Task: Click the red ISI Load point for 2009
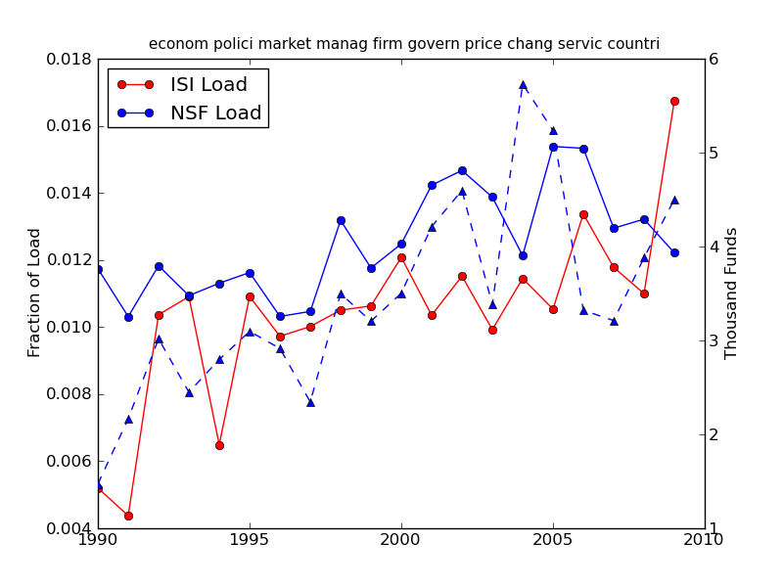pyautogui.click(x=674, y=101)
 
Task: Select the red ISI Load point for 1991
pyautogui.click(x=128, y=516)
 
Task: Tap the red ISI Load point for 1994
pyautogui.click(x=219, y=445)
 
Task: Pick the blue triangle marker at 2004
pyautogui.click(x=523, y=85)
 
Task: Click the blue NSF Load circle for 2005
pyautogui.click(x=553, y=147)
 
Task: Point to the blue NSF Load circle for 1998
pyautogui.click(x=341, y=220)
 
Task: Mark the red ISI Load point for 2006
pyautogui.click(x=583, y=214)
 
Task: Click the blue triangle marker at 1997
pyautogui.click(x=310, y=402)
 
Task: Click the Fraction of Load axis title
pyautogui.click(x=35, y=293)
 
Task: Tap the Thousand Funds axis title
pyautogui.click(x=732, y=293)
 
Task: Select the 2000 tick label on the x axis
pyautogui.click(x=401, y=540)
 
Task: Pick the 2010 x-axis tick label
pyautogui.click(x=704, y=540)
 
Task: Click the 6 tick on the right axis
pyautogui.click(x=714, y=60)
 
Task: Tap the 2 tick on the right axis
pyautogui.click(x=714, y=434)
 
